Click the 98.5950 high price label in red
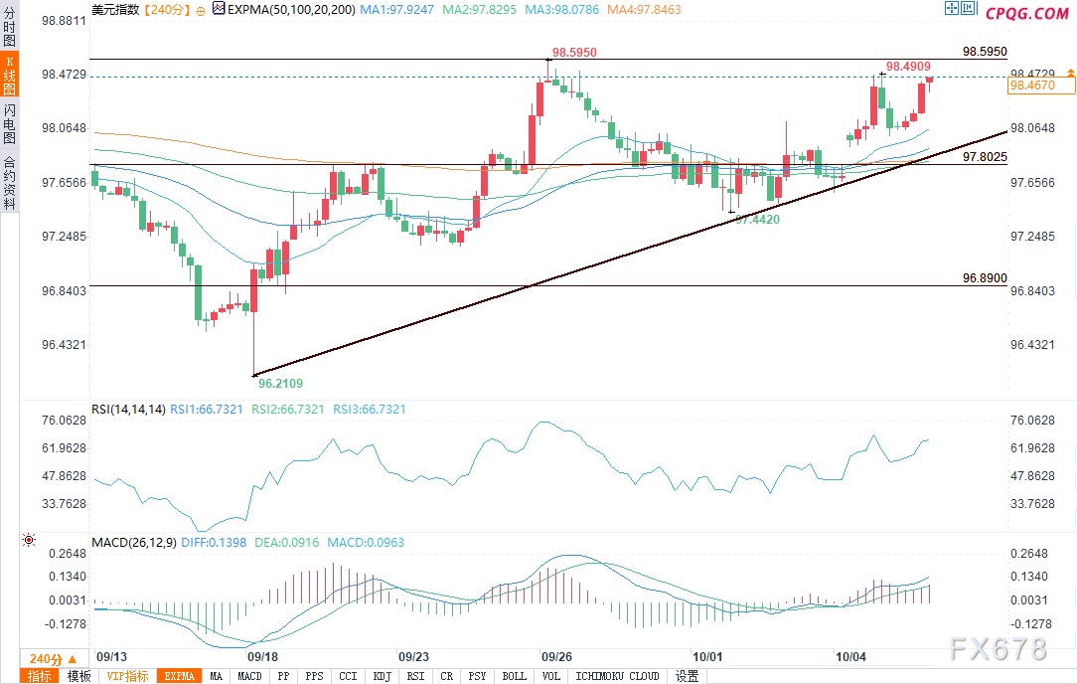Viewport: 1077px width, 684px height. pos(576,52)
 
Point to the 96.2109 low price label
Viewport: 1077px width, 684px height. pos(280,383)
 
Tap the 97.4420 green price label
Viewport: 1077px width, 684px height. pos(757,219)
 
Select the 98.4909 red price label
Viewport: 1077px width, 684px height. pos(908,67)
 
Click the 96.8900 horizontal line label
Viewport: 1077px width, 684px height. pos(985,279)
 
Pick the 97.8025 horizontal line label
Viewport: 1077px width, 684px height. pos(985,157)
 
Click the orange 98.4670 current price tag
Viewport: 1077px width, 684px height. pos(1039,86)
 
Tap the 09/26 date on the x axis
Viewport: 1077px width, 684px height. pos(555,657)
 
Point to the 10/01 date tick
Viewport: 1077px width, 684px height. pos(707,657)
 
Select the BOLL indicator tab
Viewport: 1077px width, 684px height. pos(515,677)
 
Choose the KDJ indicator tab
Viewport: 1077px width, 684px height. pos(382,677)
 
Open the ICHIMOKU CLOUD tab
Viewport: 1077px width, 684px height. pos(617,677)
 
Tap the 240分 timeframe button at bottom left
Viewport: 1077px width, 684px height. pos(46,659)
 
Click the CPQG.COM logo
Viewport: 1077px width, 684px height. pos(1026,13)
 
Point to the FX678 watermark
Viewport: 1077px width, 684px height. pos(998,649)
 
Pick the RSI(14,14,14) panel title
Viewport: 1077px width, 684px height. pos(128,409)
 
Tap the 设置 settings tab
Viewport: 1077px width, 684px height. pos(687,677)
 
